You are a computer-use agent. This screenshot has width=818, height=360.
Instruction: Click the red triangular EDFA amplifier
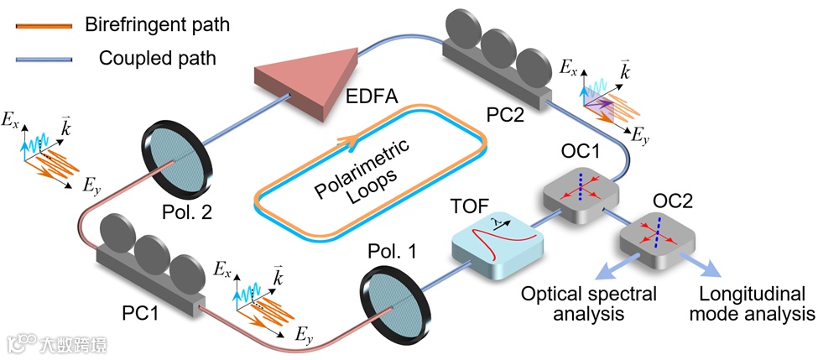[x=308, y=78]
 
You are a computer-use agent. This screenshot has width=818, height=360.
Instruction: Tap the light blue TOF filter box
[x=498, y=248]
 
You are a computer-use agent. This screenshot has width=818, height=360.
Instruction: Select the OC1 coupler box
[x=581, y=194]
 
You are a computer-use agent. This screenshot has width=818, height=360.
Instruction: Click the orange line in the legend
[x=44, y=25]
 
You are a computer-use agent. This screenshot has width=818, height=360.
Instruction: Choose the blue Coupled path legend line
[x=44, y=59]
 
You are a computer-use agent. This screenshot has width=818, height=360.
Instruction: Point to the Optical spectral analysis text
[x=589, y=304]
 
